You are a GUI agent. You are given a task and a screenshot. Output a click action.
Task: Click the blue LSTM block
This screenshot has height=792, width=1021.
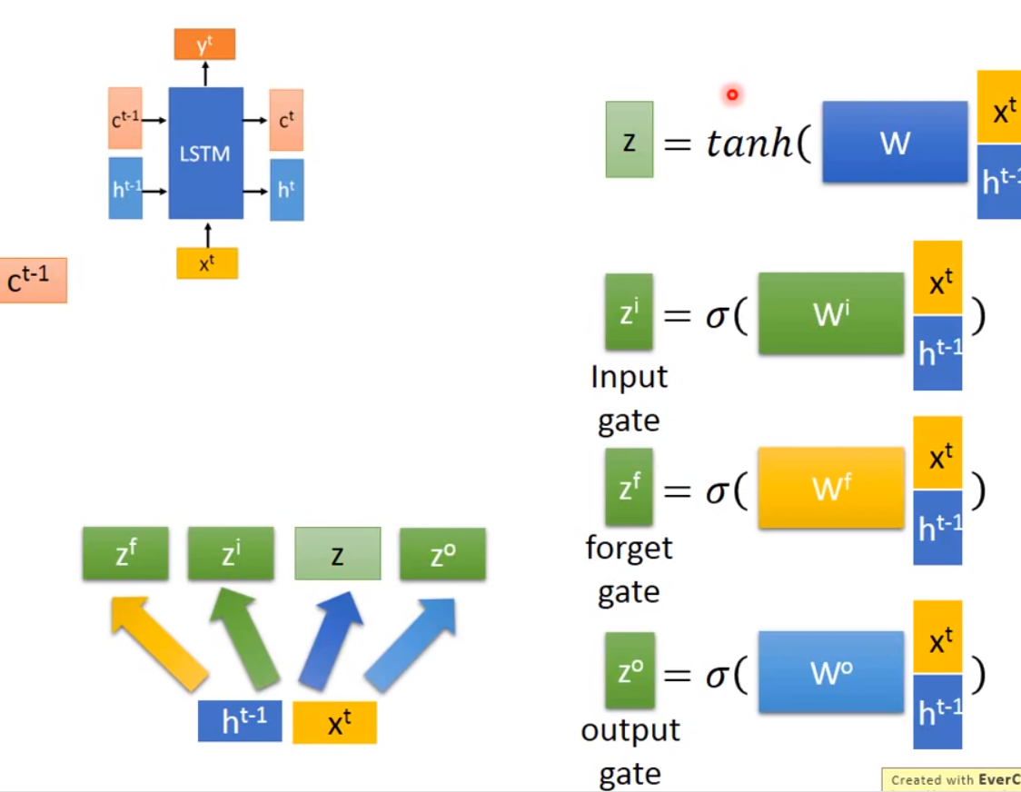point(205,153)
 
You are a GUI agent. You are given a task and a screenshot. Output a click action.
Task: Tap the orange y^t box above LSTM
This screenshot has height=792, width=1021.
point(204,44)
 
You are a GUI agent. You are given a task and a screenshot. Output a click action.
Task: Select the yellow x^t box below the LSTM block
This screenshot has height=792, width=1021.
point(207,263)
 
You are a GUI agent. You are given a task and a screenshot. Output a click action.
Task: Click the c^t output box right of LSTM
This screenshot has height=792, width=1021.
point(286,120)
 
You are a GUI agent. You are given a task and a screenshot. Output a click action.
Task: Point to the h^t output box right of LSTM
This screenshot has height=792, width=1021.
point(286,190)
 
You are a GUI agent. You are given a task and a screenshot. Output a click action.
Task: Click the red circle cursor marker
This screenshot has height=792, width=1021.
point(731,94)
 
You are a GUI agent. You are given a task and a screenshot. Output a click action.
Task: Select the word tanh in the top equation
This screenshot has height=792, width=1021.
point(749,144)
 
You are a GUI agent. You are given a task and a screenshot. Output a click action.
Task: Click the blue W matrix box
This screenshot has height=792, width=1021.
point(895,143)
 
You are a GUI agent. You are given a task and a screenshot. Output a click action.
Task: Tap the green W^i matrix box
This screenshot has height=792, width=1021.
point(831,313)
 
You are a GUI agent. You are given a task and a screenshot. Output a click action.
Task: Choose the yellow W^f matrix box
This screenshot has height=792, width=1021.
point(831,488)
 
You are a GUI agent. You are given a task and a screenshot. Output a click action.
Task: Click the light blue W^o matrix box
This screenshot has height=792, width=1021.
point(831,672)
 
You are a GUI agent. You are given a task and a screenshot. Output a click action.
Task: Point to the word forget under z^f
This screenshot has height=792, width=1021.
point(629,549)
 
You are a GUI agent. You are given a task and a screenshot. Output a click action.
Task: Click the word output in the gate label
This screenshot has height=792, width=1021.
point(629,731)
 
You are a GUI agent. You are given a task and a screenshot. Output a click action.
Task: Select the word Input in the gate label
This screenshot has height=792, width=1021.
point(629,377)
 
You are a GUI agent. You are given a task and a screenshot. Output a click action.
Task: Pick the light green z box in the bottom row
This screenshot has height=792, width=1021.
point(337,553)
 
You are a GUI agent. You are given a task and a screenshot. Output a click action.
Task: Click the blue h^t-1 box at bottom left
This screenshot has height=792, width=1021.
point(240,722)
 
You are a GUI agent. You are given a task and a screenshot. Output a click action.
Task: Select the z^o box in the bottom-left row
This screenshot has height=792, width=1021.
point(442,553)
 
